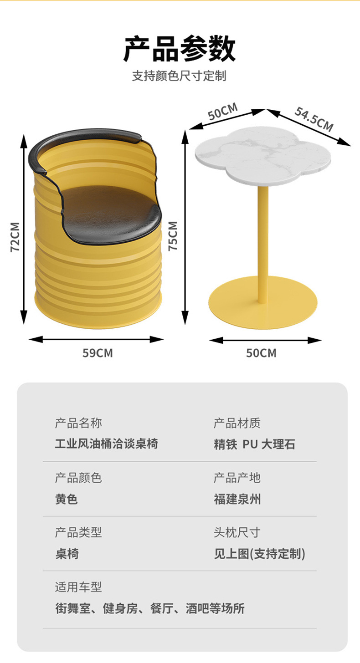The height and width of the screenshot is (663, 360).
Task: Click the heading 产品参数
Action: click(180, 49)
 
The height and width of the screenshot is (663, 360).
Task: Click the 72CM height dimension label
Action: click(15, 237)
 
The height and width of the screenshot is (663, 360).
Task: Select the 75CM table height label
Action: click(173, 236)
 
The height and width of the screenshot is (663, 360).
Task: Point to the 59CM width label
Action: click(97, 353)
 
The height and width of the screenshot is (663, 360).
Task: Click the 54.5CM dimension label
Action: click(314, 119)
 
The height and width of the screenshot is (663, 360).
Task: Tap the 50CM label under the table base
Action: click(261, 353)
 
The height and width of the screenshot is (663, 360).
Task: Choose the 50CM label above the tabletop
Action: click(223, 112)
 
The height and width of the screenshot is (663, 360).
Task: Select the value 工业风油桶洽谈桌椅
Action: click(107, 444)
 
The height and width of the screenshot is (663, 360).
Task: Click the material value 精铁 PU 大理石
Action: click(254, 444)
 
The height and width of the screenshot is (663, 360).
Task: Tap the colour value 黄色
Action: click(67, 499)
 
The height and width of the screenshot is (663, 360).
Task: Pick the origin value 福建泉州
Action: click(237, 499)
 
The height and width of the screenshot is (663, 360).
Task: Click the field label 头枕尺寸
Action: click(237, 532)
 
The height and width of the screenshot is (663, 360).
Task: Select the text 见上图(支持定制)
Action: click(259, 554)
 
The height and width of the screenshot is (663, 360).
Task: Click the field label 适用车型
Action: click(78, 587)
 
